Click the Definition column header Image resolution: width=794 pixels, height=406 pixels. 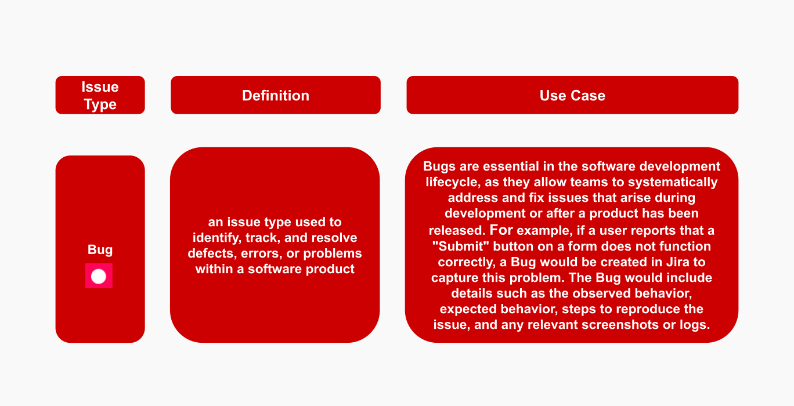pyautogui.click(x=276, y=95)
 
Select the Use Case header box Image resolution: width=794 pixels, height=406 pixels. pyautogui.click(x=572, y=95)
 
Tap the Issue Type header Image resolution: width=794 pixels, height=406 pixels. pyautogui.click(x=100, y=95)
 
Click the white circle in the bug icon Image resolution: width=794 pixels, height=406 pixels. pyautogui.click(x=99, y=276)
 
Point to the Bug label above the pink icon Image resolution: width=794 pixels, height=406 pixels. pyautogui.click(x=100, y=250)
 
